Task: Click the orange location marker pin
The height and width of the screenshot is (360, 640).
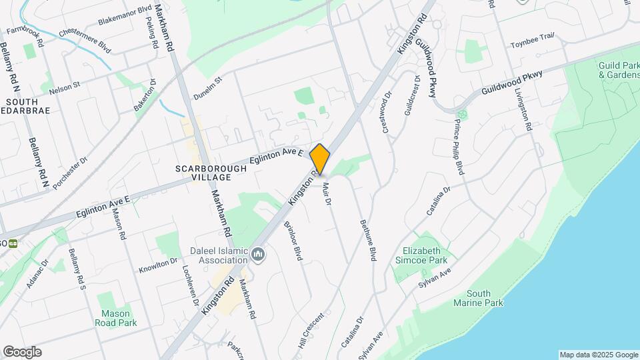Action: (x=320, y=159)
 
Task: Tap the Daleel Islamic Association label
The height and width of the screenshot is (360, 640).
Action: (x=222, y=255)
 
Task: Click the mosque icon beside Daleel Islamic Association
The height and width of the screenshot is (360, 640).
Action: (x=259, y=255)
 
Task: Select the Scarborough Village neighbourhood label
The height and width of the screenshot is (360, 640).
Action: (x=211, y=173)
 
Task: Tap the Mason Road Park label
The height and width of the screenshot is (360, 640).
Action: (x=119, y=318)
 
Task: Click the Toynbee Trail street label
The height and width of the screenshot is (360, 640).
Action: (x=532, y=45)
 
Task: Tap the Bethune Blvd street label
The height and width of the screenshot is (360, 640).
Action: (x=368, y=239)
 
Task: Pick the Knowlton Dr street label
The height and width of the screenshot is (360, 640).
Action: (x=158, y=265)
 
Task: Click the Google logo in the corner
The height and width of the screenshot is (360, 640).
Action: (x=22, y=351)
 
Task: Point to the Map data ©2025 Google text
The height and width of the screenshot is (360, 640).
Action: (x=599, y=355)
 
